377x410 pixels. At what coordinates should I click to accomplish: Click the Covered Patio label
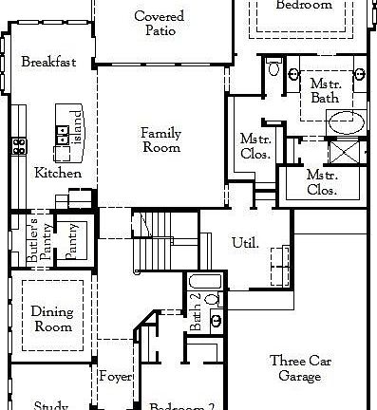coord(160,24)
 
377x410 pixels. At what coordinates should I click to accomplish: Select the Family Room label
coord(161,140)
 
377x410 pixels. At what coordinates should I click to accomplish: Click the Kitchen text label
coord(58,173)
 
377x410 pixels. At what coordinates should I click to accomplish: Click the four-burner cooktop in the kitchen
coord(18,145)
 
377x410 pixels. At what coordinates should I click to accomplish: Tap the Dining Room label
coord(52,318)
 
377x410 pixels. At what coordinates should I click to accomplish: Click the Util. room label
coord(245,243)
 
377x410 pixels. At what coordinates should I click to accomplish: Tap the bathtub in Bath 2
coord(201,283)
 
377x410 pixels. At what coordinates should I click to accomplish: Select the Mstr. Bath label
coord(326,91)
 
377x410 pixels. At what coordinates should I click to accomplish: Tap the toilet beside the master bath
coord(273,67)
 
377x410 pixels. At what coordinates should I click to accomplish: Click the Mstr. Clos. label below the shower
coord(322,182)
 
